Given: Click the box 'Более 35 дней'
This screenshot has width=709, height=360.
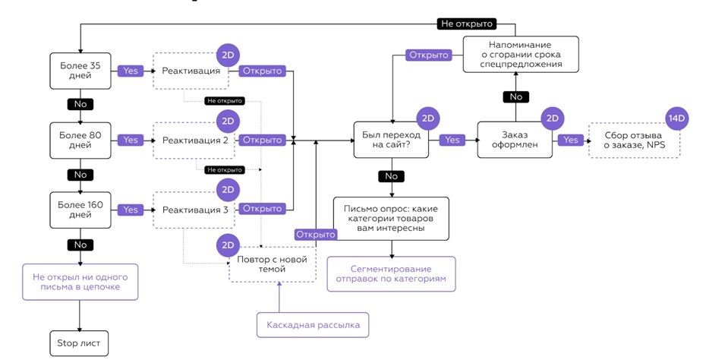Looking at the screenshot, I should coord(80,71).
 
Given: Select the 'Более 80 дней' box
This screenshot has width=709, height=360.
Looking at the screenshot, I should coord(80,140).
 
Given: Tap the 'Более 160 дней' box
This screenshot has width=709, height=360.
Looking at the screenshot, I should coord(80,210).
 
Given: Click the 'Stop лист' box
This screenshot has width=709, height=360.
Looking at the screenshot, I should coord(79,343).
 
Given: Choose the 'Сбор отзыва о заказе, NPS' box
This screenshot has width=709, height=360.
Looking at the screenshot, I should coord(634,141).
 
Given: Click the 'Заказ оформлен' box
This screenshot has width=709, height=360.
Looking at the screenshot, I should coord(515,140).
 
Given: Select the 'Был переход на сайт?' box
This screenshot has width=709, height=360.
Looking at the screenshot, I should coord(391,140).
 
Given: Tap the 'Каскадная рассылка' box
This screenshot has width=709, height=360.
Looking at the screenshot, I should coord(313,325).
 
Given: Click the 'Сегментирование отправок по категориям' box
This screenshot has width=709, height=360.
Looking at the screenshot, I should coord(391,274).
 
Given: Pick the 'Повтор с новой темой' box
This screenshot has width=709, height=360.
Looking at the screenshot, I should coord(273,264).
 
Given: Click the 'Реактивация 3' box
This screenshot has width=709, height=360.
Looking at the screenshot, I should coord(195,210).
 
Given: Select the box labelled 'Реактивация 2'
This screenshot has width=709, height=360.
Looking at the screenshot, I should coord(195,141).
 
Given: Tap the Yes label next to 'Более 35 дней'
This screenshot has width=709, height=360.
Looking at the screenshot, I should coord(131,71).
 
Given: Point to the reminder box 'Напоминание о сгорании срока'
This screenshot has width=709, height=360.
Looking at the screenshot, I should coord(521,55).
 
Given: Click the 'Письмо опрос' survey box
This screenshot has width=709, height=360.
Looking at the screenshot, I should coord(391,217).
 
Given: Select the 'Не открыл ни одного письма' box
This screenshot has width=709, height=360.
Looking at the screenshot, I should coord(80,282).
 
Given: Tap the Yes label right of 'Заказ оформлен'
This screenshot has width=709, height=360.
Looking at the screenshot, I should coord(571,140).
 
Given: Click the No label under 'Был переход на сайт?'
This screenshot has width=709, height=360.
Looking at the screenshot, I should coord(391,175).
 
